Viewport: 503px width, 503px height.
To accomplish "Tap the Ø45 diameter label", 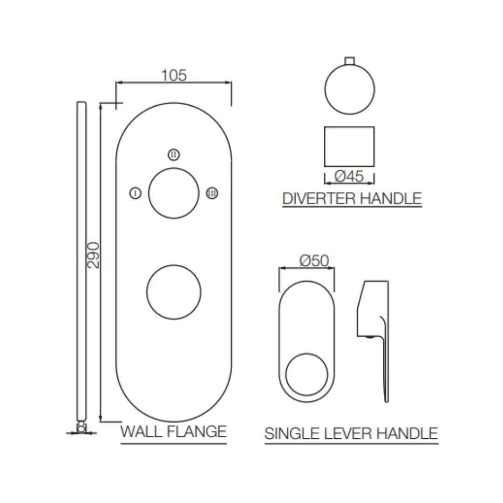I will click(349, 177).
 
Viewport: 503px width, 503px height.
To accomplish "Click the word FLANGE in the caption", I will click(196, 431).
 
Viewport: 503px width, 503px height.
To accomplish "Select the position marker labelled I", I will click(135, 193).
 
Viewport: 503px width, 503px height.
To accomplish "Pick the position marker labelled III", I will click(212, 193).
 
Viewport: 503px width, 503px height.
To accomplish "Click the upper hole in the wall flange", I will click(173, 193).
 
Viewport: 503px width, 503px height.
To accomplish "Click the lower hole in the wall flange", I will click(174, 292).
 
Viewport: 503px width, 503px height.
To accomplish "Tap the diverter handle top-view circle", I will click(349, 89).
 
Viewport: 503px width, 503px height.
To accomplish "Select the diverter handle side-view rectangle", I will click(349, 146).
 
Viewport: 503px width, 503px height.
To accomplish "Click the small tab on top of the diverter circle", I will click(349, 60).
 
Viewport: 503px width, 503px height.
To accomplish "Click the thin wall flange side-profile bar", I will click(81, 261).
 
